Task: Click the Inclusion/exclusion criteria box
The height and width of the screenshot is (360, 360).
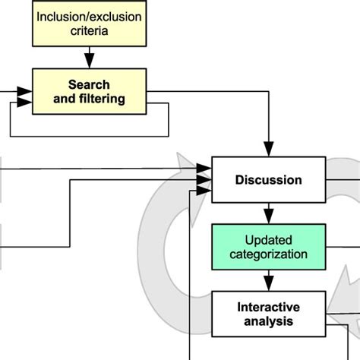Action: coord(89,24)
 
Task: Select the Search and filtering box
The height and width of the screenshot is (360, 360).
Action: coord(89,91)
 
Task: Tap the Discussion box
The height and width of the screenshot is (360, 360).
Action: coord(268,180)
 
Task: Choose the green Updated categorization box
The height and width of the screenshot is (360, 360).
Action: coord(268,247)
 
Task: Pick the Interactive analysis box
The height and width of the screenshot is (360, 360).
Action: coord(268,314)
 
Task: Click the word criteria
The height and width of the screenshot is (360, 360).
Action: coord(90,31)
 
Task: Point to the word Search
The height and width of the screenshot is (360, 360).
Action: coord(90,84)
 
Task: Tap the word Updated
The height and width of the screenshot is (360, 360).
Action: coord(268,240)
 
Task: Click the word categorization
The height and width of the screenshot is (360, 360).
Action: coord(268,254)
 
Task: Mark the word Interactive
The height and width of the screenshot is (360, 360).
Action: coord(268,307)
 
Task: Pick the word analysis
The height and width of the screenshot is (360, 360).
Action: coord(268,321)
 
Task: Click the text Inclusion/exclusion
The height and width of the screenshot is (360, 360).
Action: coord(90,17)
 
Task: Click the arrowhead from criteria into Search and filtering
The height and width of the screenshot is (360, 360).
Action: coord(90,60)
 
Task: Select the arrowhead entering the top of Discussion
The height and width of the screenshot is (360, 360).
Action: coord(268,150)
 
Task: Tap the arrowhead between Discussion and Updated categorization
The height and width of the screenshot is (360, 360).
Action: coord(268,217)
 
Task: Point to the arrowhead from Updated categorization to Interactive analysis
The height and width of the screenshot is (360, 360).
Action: coord(268,285)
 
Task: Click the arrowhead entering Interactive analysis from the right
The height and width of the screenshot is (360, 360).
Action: coord(333,314)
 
